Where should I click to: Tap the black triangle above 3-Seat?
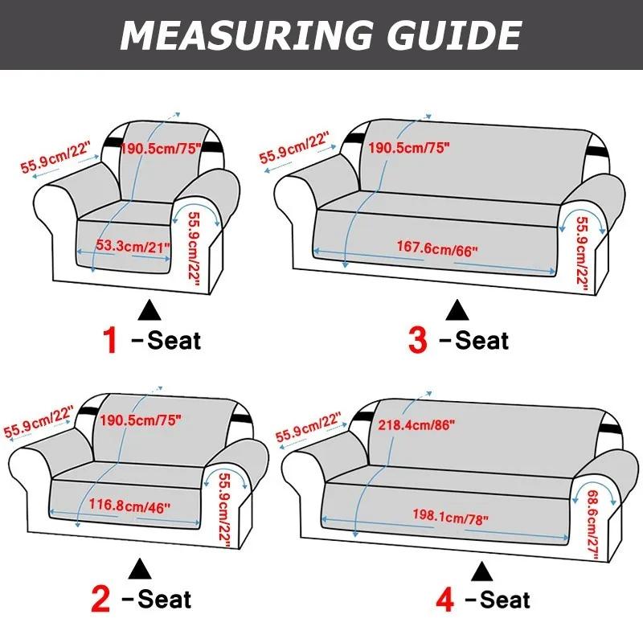(458, 309)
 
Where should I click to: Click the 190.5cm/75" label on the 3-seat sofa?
(409, 148)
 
